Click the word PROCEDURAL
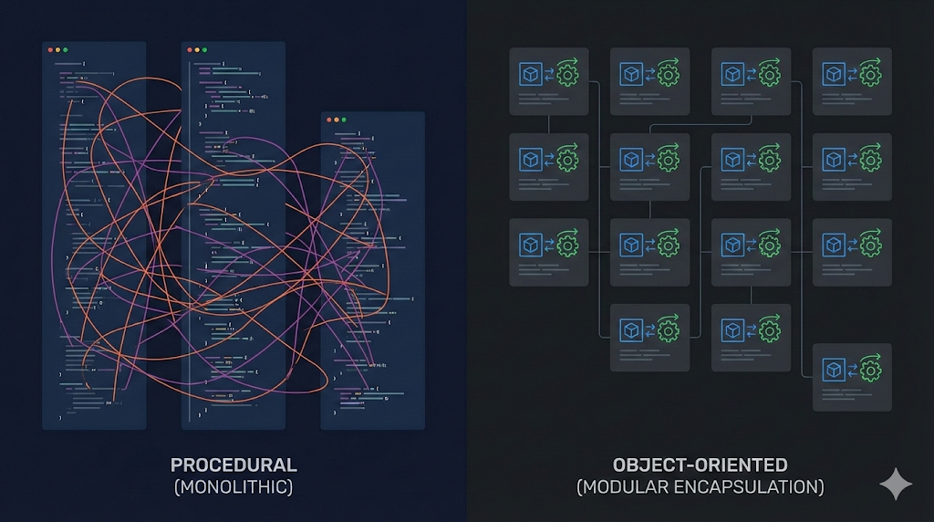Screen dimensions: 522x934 (x=233, y=465)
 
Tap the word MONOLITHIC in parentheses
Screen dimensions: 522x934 (x=233, y=487)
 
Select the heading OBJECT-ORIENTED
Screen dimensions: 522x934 (x=700, y=465)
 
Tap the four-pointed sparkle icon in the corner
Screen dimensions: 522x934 (x=895, y=485)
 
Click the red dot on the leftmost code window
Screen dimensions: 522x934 (x=48, y=49)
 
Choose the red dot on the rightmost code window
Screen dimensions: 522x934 (x=327, y=120)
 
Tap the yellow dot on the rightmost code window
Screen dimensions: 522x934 (x=336, y=120)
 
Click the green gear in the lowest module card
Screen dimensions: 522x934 (x=870, y=371)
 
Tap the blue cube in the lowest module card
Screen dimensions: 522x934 (x=833, y=371)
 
